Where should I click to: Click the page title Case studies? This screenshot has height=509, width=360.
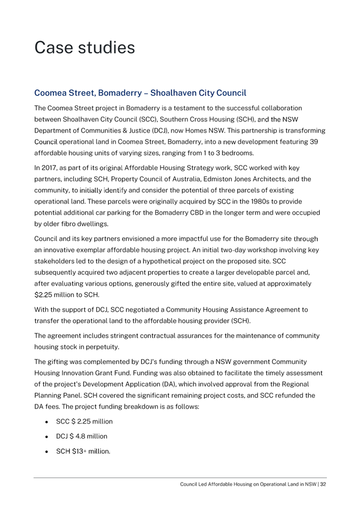pos(84,48)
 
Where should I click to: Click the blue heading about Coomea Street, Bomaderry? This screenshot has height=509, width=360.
pos(140,93)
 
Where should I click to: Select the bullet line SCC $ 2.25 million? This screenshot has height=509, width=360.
pos(84,422)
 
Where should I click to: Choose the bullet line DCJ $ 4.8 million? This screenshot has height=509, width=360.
pos(82,437)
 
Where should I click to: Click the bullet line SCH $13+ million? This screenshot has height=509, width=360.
pos(83,451)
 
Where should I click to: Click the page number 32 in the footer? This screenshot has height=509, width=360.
pos(323,484)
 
